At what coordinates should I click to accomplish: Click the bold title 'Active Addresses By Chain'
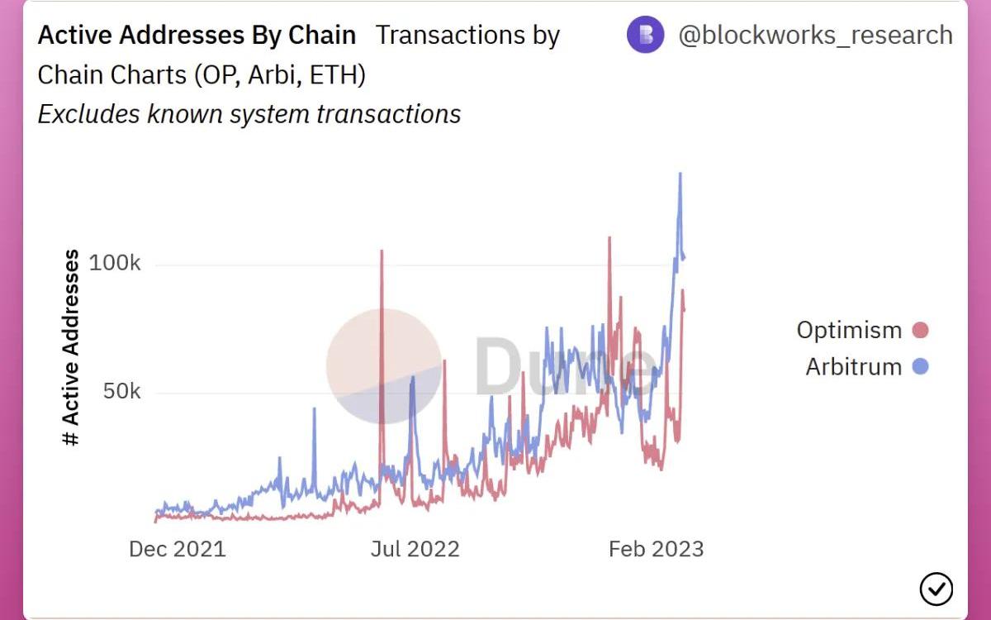coord(197,36)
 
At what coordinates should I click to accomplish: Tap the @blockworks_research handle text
coord(815,36)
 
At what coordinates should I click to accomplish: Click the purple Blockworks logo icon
coord(645,35)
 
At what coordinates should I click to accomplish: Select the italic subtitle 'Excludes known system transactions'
coord(249,114)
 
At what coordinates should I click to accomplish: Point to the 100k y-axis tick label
coord(114,264)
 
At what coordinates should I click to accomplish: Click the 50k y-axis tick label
coord(121,391)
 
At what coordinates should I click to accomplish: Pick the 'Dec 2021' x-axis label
coord(177,549)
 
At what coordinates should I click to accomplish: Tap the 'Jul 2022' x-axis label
coord(415,549)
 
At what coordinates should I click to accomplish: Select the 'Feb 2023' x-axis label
coord(656,549)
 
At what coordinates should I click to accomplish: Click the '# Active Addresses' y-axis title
coord(72,347)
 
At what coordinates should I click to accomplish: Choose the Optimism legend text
coord(849,330)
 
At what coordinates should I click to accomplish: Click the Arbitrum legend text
coord(853,366)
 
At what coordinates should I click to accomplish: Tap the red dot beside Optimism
coord(920,331)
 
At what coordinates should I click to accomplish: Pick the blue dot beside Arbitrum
coord(920,366)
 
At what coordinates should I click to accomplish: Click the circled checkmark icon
coord(936,589)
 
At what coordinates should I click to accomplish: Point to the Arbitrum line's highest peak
coord(680,174)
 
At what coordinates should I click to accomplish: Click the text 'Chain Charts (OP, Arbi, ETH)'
coord(202,74)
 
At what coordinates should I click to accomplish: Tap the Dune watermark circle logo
coord(384,366)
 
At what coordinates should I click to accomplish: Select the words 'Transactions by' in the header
coord(467,36)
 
